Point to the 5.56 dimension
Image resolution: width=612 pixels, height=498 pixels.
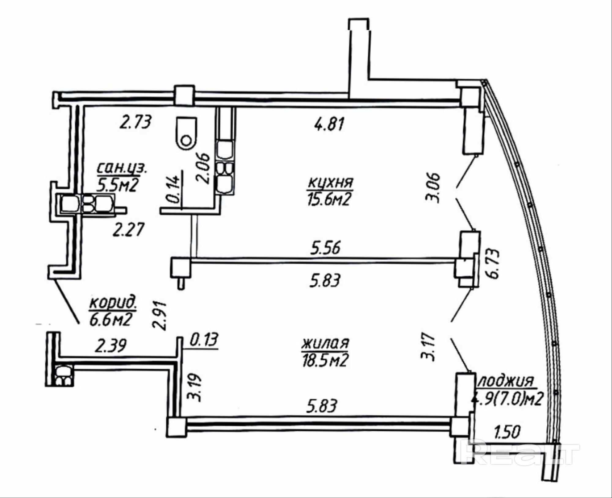[x=325, y=248]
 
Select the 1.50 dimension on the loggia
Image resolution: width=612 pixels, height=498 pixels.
[x=507, y=432]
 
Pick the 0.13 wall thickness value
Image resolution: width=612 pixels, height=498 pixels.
[x=204, y=340]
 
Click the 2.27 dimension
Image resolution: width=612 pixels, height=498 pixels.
[x=128, y=230]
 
